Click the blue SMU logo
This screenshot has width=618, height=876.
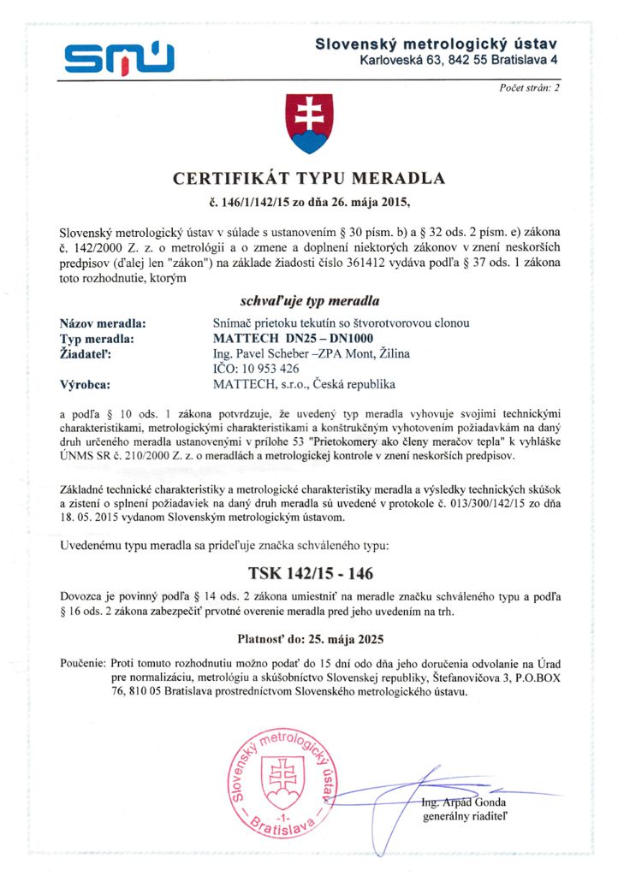119,56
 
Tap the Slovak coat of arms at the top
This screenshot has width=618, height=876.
308,124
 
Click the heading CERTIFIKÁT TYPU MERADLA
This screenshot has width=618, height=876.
309,179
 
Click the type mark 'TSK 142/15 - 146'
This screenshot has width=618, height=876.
309,572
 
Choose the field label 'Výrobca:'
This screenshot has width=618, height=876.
90,384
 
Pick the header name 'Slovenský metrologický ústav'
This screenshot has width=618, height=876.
436,43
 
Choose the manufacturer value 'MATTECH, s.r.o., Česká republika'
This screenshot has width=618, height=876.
304,384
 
